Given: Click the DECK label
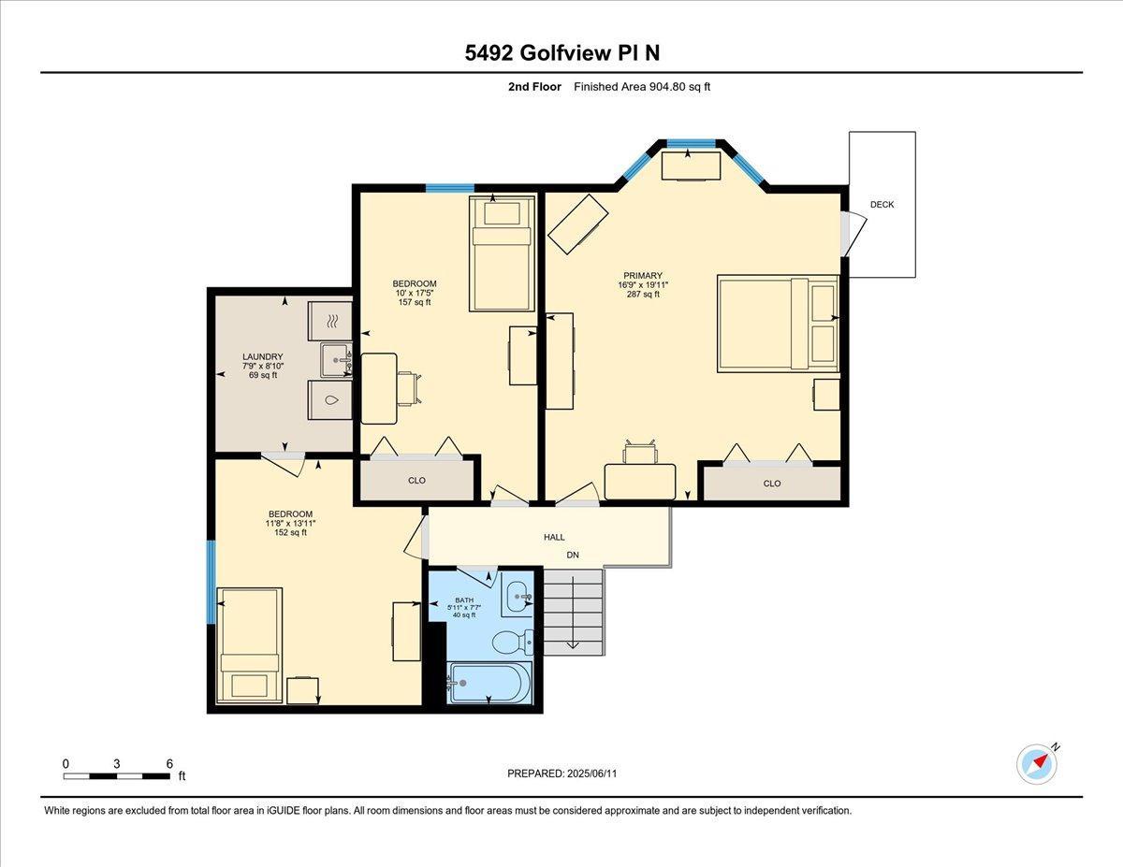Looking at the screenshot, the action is (882, 205).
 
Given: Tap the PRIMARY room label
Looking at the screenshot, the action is (642, 276).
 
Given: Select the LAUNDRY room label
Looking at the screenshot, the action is (263, 357).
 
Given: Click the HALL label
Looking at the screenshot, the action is (554, 537).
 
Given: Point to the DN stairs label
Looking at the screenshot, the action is (573, 556).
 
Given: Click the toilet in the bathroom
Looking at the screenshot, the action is (513, 643).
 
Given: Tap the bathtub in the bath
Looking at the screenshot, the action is (489, 683).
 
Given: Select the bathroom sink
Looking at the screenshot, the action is (518, 598).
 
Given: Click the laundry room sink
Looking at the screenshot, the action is (337, 359).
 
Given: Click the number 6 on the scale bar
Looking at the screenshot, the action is (169, 764).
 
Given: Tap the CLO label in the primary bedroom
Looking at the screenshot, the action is (771, 484).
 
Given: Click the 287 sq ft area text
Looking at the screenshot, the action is (642, 295).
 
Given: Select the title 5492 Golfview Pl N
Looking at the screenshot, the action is (562, 53).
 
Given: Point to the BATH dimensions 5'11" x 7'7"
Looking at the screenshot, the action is (463, 608).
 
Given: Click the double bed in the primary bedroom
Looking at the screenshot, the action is (778, 324).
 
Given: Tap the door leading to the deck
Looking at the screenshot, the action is (853, 234).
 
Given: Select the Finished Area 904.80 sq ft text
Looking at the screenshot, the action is (642, 87).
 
